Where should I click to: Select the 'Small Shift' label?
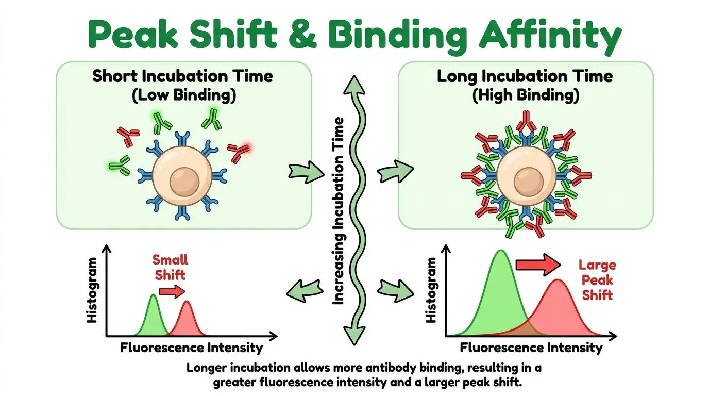(170, 268)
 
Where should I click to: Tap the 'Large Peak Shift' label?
(597, 280)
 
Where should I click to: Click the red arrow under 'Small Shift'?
(172, 291)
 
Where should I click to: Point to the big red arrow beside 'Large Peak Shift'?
(538, 265)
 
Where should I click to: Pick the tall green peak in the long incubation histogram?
(501, 294)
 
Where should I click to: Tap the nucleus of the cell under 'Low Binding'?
(184, 182)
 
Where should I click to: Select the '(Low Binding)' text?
(184, 95)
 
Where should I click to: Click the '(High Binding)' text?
(526, 95)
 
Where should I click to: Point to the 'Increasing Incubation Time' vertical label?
(338, 211)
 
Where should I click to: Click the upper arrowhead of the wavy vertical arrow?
(354, 86)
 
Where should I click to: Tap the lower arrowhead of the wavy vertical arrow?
(354, 336)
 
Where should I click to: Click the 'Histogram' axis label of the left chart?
(92, 290)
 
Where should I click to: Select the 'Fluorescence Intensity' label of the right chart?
(531, 348)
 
